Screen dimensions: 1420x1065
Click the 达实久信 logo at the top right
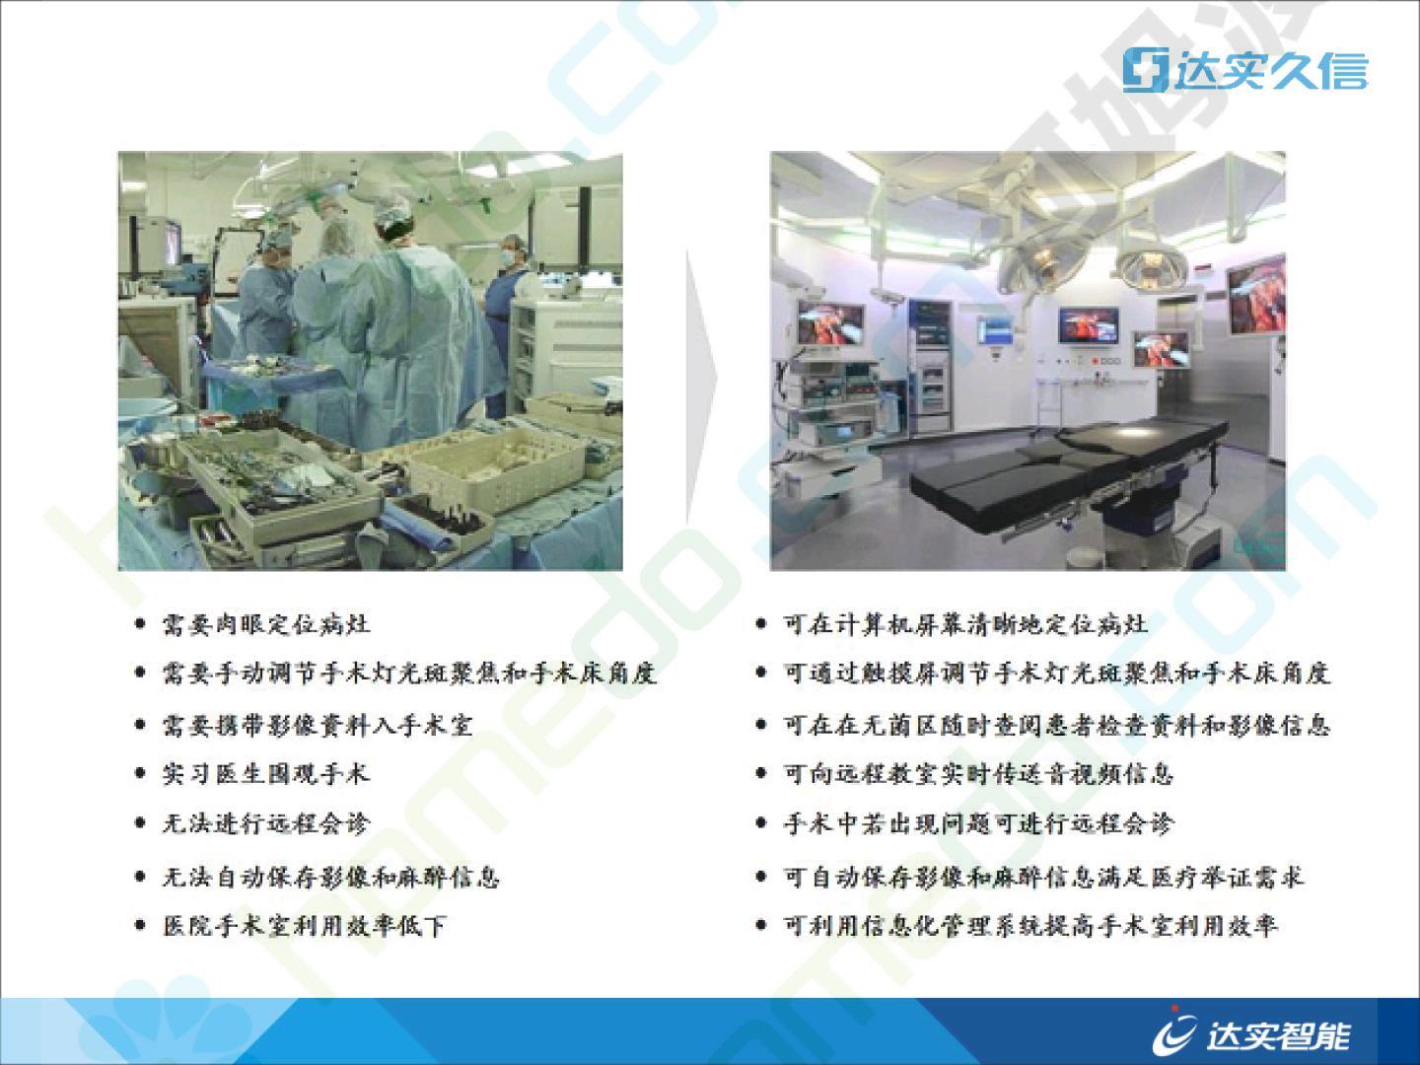[1244, 69]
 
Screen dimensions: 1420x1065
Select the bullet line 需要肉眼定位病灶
[266, 624]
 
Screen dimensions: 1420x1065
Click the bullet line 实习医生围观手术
[266, 774]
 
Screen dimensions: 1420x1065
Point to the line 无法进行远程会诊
[266, 823]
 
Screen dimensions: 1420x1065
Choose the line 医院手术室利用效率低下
[305, 926]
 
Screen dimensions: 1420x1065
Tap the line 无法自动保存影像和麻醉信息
[330, 878]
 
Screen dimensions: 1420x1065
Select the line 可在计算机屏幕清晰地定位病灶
[965, 624]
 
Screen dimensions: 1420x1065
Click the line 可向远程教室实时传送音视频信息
[977, 774]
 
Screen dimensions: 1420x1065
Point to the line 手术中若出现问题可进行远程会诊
[977, 823]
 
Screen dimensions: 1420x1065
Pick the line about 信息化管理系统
[1030, 926]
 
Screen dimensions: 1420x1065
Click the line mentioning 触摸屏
[1056, 674]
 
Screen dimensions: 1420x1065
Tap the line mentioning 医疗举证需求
[1043, 878]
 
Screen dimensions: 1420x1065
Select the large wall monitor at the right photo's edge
[1257, 295]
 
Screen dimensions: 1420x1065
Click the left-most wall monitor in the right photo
[831, 322]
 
